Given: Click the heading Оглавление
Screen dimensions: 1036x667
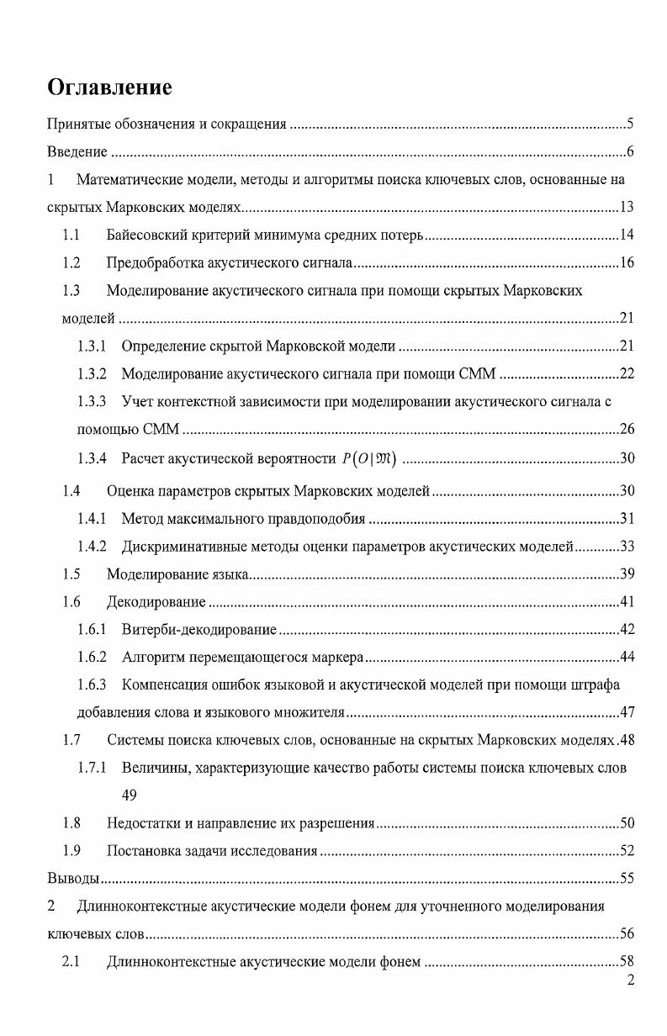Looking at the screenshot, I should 109,87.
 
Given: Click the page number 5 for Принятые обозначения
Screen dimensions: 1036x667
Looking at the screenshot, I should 629,125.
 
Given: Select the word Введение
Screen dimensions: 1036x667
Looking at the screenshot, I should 77,152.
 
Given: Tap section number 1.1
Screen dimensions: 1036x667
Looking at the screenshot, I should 71,235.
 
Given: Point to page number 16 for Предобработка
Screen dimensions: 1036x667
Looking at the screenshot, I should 626,263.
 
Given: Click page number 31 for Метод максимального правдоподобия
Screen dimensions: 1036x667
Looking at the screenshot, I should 626,518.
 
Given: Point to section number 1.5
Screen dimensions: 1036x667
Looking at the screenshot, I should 71,574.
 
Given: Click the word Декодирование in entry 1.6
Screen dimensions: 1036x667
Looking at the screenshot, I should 156,602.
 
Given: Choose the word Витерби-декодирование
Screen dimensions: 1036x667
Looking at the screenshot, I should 199,630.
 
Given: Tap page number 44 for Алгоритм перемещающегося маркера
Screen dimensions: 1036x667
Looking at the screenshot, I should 626,657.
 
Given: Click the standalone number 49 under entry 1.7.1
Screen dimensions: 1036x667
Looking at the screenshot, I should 130,795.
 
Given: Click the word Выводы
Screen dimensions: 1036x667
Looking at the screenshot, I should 72,879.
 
